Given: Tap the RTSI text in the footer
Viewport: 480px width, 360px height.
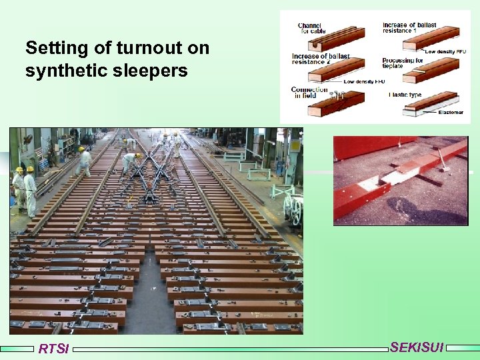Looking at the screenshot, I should (x=53, y=349).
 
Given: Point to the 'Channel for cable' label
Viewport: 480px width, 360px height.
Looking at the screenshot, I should (x=313, y=28).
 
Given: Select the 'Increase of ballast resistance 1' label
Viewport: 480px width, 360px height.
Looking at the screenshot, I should (x=409, y=28).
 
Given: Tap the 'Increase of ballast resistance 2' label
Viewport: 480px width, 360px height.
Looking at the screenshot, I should (x=320, y=58).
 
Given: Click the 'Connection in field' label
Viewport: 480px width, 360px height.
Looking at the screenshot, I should (x=309, y=93).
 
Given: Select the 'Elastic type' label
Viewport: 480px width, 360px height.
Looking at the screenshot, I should (x=405, y=95).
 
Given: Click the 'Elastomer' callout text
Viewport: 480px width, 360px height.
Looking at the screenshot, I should (x=451, y=113).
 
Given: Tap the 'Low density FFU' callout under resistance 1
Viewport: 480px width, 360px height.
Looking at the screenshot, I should (x=445, y=51).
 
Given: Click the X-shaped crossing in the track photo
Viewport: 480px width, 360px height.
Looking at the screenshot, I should (x=151, y=167).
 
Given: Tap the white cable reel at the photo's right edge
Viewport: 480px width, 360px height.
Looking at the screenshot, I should (x=293, y=208).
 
